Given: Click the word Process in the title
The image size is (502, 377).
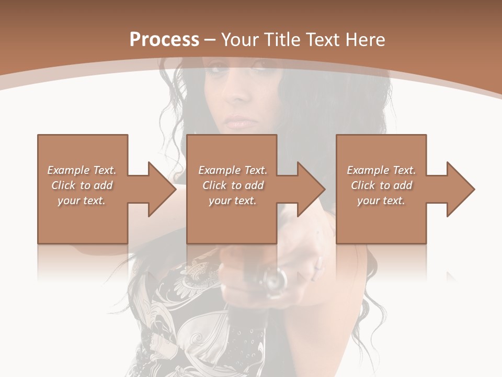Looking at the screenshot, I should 164,40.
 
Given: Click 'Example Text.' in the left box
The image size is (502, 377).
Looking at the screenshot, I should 82,170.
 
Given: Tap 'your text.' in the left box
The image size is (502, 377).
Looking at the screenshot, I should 82,201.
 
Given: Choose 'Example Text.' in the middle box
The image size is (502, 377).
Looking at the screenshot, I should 233,170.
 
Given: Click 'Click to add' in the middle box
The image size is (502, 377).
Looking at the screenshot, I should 233,185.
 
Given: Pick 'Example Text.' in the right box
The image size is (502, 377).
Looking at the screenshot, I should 381,170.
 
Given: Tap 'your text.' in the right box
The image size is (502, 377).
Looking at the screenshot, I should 381,201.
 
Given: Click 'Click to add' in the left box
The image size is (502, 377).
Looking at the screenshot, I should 82,185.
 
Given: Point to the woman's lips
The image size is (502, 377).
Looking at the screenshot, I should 241,122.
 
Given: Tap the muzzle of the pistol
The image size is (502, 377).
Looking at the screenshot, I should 275,281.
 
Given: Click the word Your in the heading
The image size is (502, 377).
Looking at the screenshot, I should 238,40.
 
